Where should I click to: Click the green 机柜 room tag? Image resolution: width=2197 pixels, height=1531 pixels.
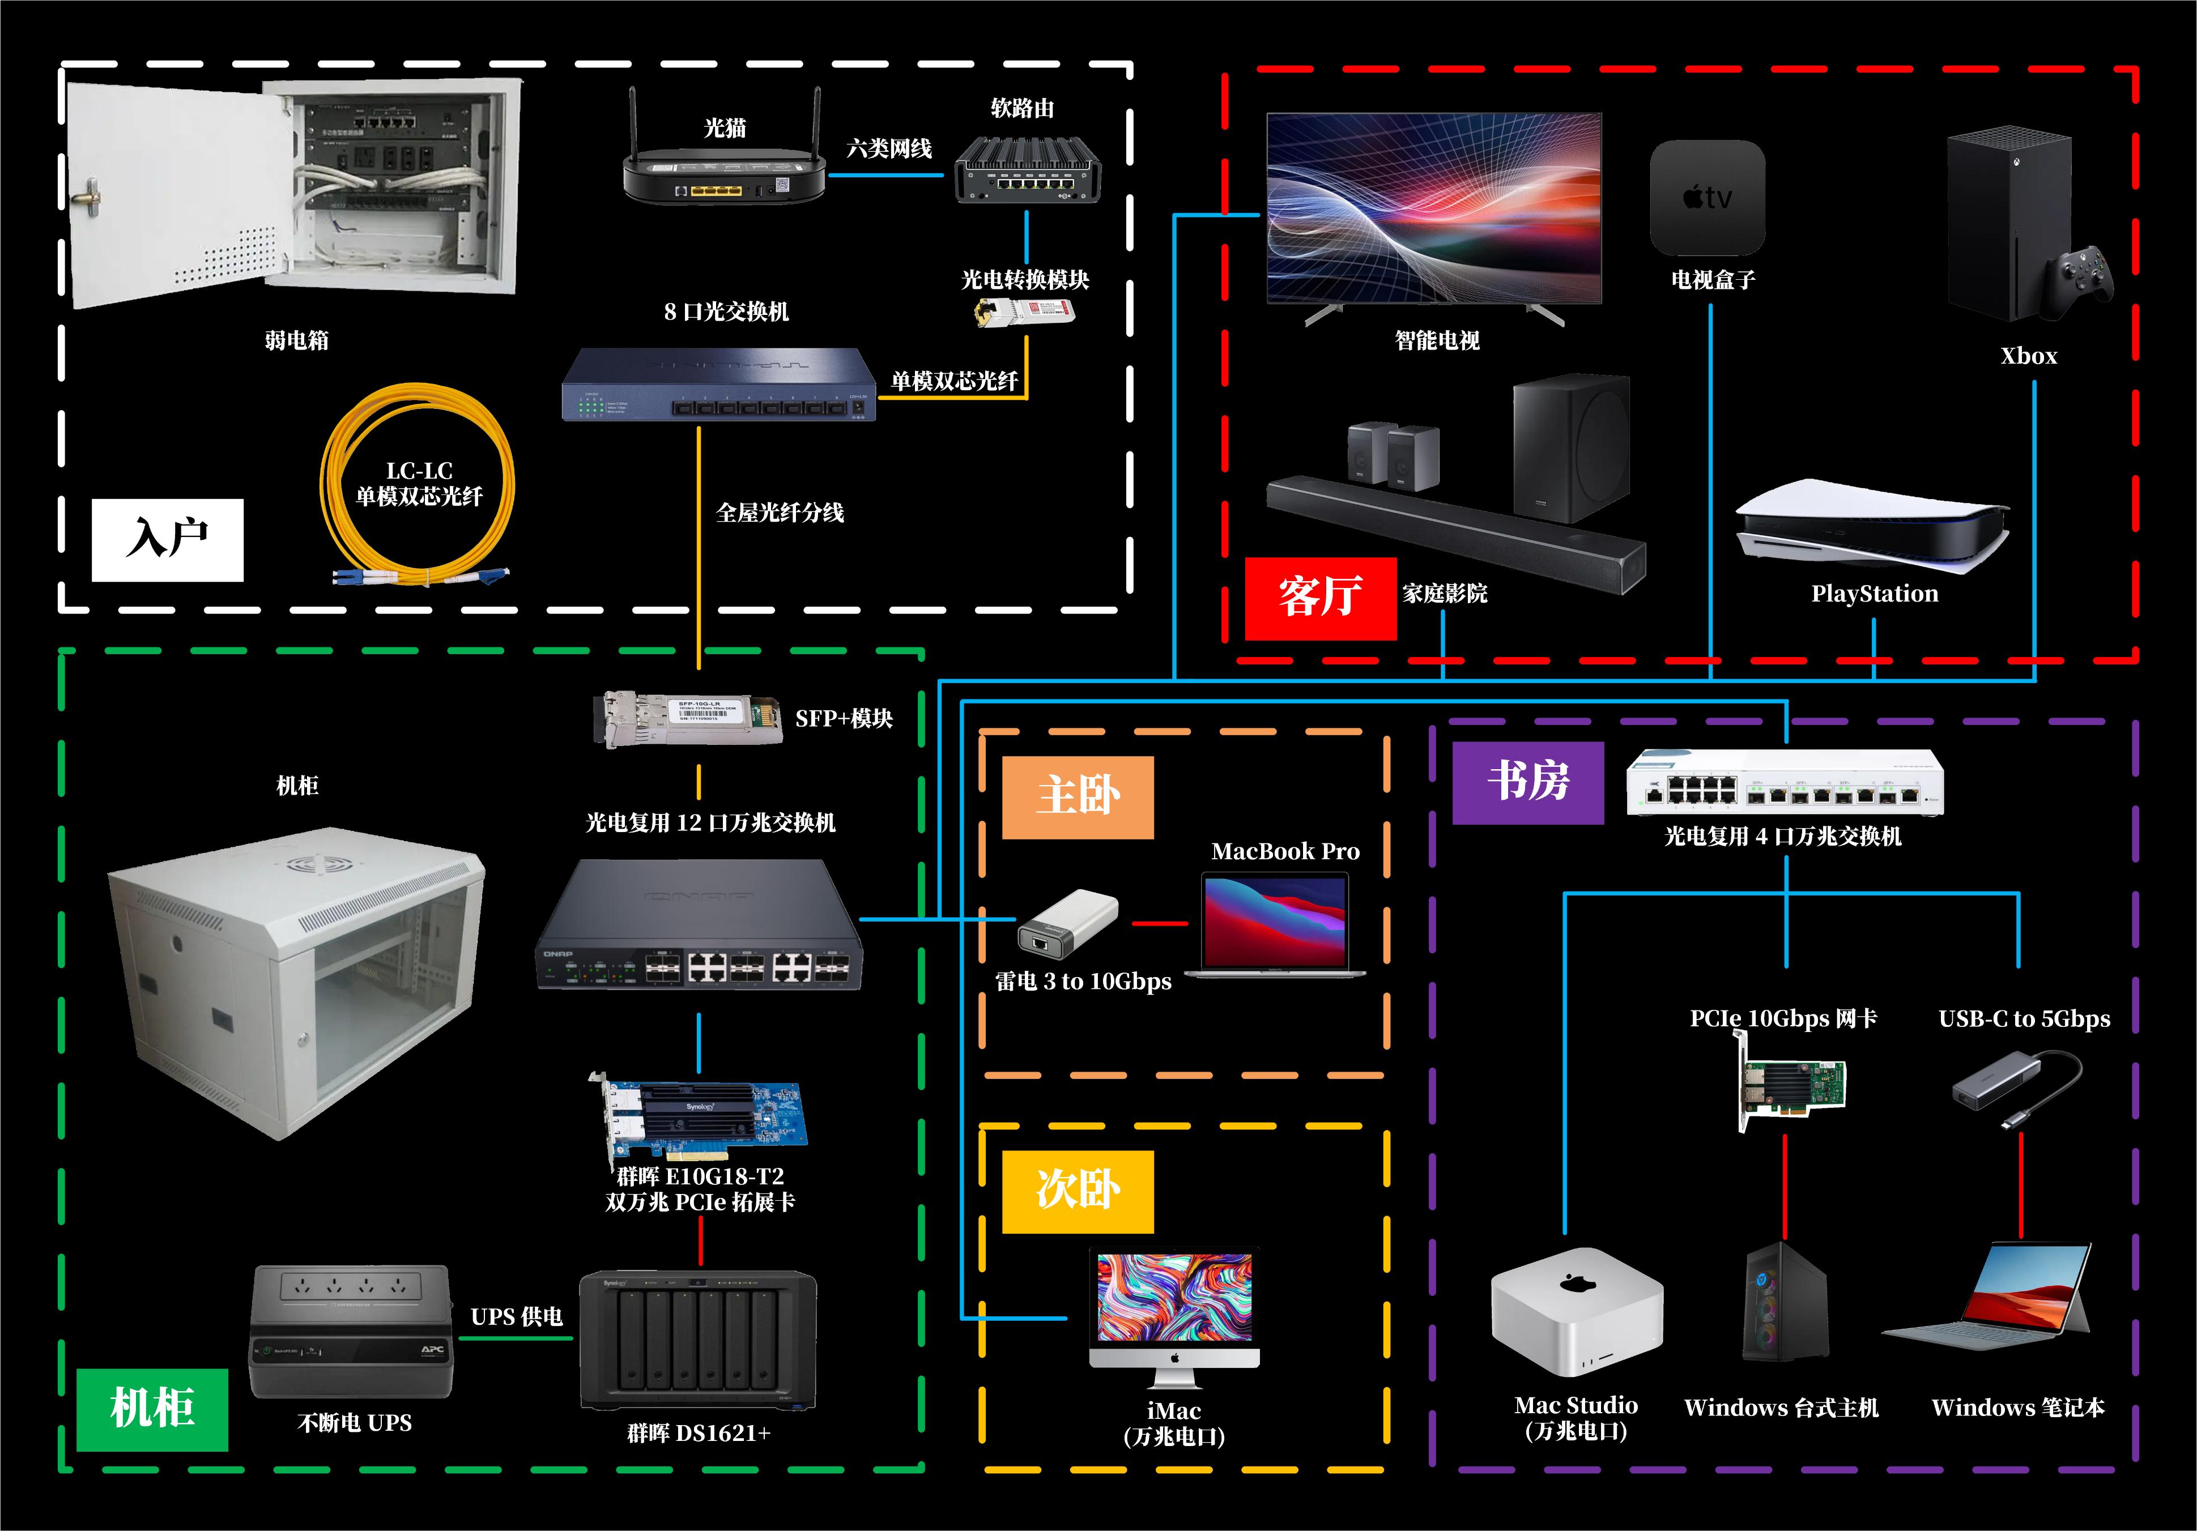click(152, 1409)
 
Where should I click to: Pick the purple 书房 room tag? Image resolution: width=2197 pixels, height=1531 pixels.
click(1527, 782)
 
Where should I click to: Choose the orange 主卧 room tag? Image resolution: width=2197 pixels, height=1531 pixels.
click(1078, 797)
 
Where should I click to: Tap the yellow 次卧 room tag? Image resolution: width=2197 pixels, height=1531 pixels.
click(1078, 1191)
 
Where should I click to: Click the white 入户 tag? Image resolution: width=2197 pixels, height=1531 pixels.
click(168, 540)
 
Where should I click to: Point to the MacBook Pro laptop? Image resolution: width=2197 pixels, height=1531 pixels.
click(1275, 926)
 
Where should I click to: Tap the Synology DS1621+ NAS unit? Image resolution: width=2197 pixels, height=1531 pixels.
click(697, 1340)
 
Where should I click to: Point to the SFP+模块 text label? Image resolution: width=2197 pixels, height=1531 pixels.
click(843, 719)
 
